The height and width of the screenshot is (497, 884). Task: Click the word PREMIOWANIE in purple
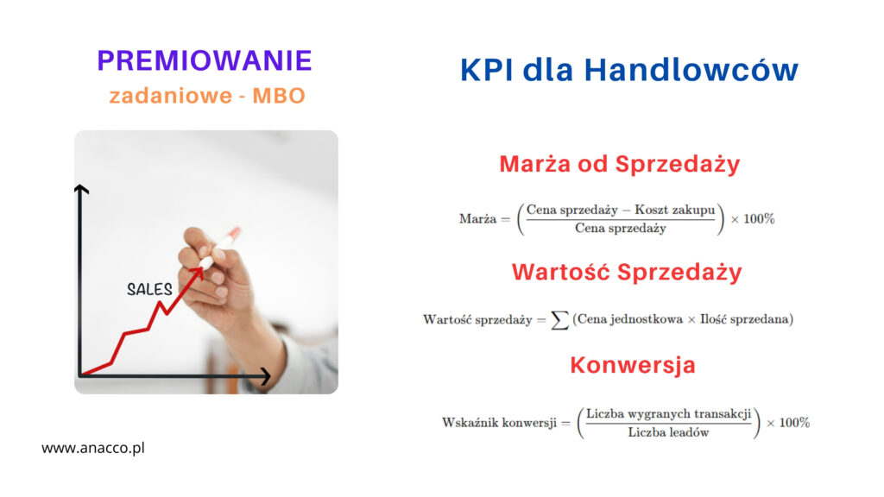[204, 61]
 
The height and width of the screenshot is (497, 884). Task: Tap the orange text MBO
[279, 96]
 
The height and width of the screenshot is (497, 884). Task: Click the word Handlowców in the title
[691, 71]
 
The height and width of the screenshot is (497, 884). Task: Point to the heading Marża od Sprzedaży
[620, 165]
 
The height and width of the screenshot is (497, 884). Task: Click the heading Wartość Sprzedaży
[627, 272]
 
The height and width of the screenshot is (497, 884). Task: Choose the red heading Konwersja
[633, 365]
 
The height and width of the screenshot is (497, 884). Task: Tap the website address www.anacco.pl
[93, 448]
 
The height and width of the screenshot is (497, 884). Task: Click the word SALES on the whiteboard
[149, 289]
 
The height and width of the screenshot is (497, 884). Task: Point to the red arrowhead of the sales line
[199, 273]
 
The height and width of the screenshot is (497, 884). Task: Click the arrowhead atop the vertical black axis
[81, 189]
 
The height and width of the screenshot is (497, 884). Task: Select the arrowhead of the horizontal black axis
[265, 376]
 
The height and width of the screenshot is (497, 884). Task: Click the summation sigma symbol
[559, 320]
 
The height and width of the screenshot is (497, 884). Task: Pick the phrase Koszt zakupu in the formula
[674, 211]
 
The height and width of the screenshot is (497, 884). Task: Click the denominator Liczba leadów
[668, 433]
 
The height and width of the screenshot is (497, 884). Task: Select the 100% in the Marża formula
[759, 219]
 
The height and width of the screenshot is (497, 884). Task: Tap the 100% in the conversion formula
[794, 423]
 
